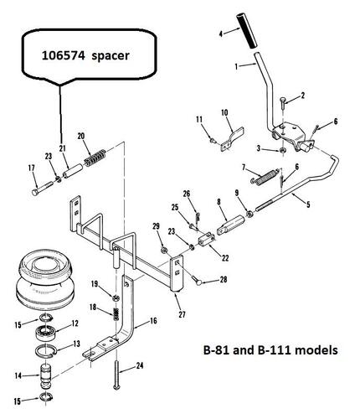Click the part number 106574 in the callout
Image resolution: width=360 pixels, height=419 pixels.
[63, 55]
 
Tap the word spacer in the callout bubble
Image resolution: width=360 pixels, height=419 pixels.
[111, 56]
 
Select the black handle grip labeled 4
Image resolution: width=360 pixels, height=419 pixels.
[248, 31]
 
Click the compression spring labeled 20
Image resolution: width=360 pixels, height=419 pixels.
[95, 158]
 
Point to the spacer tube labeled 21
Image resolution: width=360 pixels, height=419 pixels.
[72, 171]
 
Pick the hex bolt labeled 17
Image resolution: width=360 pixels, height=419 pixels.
[43, 189]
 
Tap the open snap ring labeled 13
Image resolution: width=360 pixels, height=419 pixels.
[46, 350]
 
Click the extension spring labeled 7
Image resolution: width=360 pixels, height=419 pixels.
[265, 176]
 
